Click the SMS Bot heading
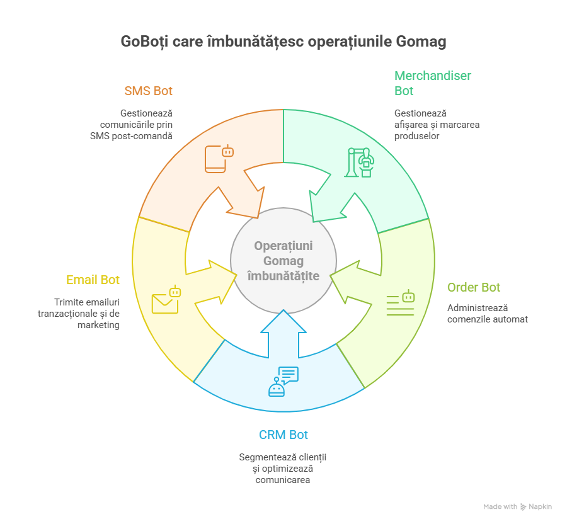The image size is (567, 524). click(148, 91)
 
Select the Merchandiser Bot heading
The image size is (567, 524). click(432, 83)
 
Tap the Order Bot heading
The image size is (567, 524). click(473, 287)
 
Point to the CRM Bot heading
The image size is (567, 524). click(283, 435)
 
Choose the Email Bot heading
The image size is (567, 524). click(93, 280)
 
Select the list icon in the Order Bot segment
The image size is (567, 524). click(401, 303)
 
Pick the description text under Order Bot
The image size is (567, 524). click(487, 313)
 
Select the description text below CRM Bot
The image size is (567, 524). click(283, 468)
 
